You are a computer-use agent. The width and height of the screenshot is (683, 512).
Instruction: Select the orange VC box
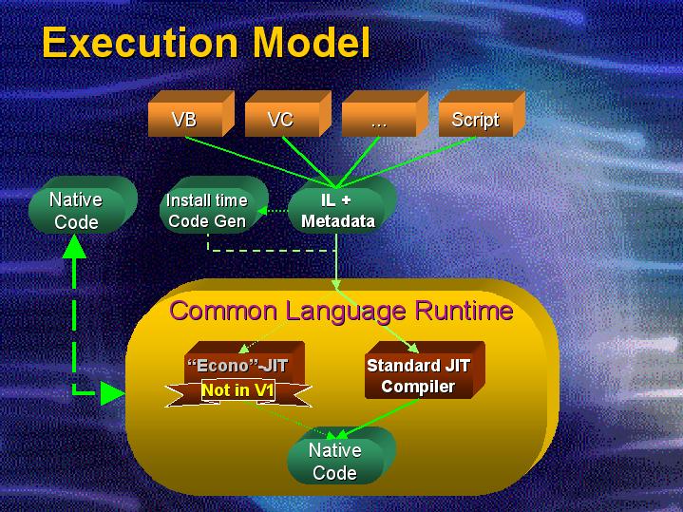tap(280, 120)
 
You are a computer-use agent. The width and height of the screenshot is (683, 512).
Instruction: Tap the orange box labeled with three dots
tap(378, 121)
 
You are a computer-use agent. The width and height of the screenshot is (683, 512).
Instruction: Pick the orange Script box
tap(475, 120)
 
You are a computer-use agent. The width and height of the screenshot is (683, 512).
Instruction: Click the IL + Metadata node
tap(337, 211)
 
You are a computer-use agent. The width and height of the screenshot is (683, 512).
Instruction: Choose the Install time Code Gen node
tap(207, 211)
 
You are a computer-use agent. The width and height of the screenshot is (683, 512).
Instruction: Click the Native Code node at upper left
tap(75, 211)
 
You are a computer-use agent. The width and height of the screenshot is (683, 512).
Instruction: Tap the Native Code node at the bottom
tap(335, 461)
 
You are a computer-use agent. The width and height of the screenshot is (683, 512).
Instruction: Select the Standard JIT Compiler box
tap(418, 375)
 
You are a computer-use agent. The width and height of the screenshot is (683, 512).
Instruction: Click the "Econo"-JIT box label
tap(237, 365)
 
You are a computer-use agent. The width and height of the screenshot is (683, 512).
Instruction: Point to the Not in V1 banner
tap(237, 389)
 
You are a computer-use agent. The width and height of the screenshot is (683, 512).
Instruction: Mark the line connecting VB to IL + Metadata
tap(256, 161)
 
